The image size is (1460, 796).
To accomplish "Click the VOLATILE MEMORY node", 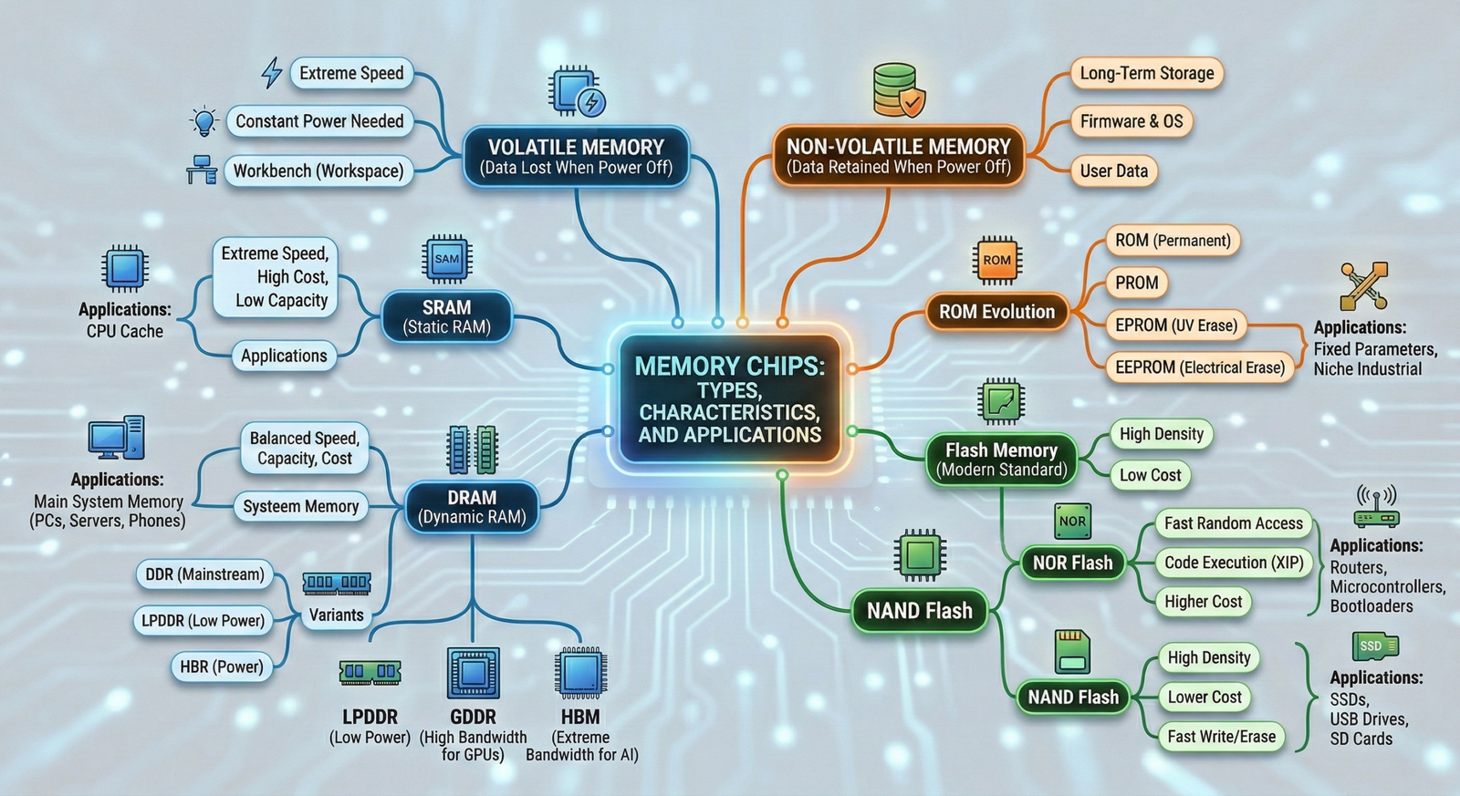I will [x=576, y=157].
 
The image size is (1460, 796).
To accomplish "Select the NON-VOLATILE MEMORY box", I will [x=899, y=156].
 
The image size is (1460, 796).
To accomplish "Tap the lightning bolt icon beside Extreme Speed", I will [x=271, y=73].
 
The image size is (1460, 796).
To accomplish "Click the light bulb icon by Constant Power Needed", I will [x=204, y=121].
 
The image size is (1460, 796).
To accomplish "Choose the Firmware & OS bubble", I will [x=1131, y=121].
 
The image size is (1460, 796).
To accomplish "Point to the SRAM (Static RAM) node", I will [x=447, y=316].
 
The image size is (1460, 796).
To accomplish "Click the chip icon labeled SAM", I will [x=447, y=259].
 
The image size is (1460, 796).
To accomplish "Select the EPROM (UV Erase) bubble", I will [x=1175, y=326].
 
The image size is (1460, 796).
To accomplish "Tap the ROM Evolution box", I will [x=996, y=312].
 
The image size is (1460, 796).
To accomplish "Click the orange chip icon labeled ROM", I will [x=996, y=260].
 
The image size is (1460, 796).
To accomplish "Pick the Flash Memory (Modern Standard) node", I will [x=1001, y=460].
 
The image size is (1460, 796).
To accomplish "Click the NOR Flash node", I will [x=1072, y=563].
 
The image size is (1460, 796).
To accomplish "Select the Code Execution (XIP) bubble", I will [x=1234, y=563].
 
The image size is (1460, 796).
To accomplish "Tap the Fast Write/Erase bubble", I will [x=1221, y=737].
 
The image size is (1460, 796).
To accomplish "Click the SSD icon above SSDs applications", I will [x=1374, y=646].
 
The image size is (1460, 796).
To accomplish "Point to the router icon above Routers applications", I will [x=1376, y=507].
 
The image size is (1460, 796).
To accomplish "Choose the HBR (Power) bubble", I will [x=221, y=667].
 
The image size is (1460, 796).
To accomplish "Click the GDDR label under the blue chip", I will [x=473, y=717].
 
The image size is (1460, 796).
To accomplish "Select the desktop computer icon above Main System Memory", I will [x=116, y=439].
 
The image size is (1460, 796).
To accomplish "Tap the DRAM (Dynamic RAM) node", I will [x=472, y=507].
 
